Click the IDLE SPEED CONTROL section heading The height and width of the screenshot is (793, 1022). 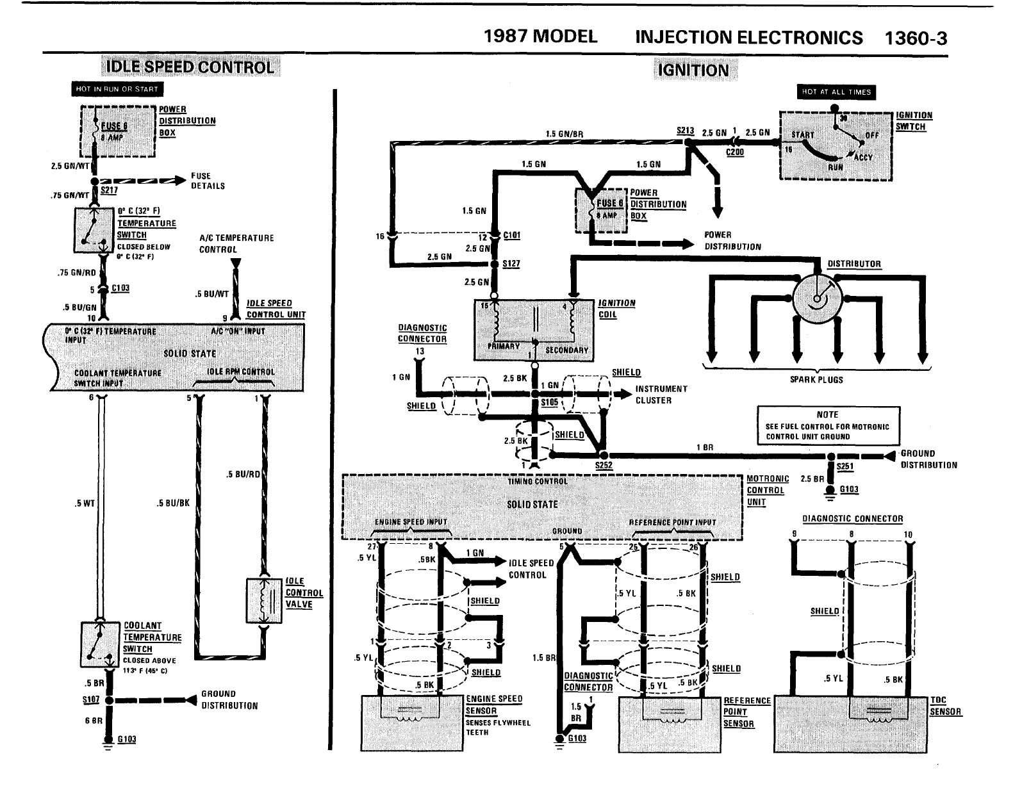(190, 67)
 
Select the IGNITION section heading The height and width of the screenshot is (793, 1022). (693, 70)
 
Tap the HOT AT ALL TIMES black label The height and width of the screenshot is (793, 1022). (836, 92)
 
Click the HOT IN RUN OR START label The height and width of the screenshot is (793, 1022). (117, 89)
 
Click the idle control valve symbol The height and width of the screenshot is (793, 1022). (264, 600)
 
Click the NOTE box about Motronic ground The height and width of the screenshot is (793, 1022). (828, 425)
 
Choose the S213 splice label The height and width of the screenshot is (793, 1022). (685, 131)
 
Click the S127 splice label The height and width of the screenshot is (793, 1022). (511, 263)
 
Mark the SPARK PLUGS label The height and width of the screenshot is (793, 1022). (816, 380)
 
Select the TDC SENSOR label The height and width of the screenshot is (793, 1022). (946, 706)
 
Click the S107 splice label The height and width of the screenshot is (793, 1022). (90, 699)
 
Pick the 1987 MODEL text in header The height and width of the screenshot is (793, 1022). (540, 37)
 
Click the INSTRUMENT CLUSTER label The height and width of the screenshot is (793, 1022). (661, 395)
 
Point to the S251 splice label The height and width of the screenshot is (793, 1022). (845, 466)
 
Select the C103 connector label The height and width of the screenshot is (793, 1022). (120, 288)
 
